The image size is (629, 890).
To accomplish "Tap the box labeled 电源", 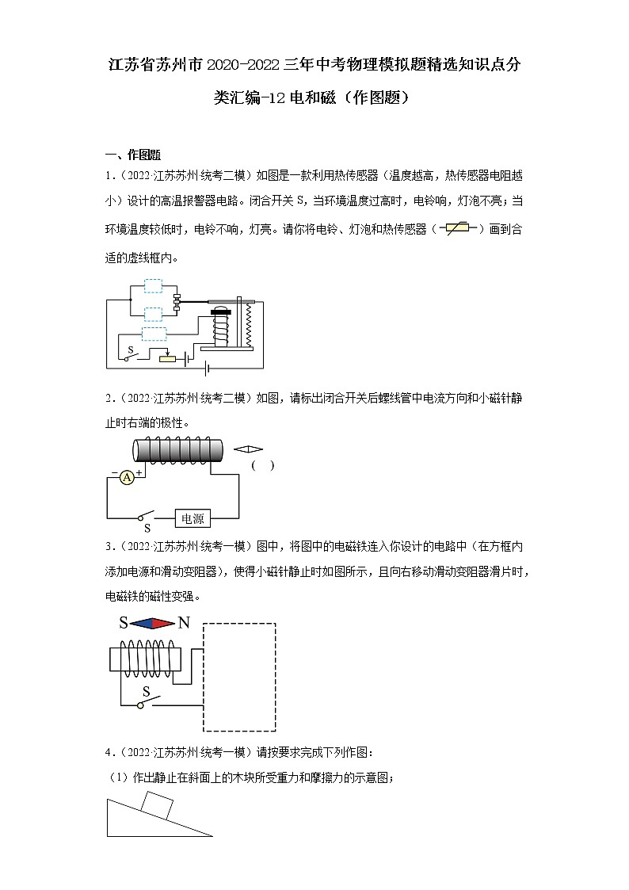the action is click(x=193, y=519).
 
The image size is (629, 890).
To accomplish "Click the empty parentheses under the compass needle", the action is click(x=263, y=466).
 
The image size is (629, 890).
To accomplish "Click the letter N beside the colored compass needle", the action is click(x=184, y=623).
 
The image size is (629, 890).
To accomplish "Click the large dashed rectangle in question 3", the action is click(x=240, y=677).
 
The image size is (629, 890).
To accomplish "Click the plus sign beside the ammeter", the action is click(x=139, y=472).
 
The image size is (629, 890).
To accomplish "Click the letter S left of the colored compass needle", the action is click(x=124, y=623).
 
